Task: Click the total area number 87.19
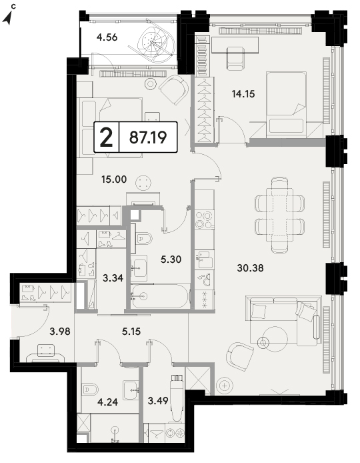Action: (x=148, y=137)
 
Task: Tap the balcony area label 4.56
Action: (x=107, y=37)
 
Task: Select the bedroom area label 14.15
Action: (x=243, y=94)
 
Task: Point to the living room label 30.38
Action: (x=250, y=268)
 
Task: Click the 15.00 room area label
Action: (x=114, y=179)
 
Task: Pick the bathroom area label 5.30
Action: (x=171, y=260)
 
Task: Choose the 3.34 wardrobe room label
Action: (x=113, y=278)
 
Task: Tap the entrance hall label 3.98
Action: (x=60, y=332)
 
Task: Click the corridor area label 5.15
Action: (x=131, y=332)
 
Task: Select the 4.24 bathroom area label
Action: (x=107, y=402)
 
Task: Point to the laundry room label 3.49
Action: (x=158, y=401)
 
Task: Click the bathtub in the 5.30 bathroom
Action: (x=160, y=296)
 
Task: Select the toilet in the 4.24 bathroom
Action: (x=90, y=390)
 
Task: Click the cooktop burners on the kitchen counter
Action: (x=204, y=219)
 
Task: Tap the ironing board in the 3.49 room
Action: (x=177, y=397)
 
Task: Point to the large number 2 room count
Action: (x=107, y=137)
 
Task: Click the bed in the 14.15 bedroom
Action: (x=286, y=104)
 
